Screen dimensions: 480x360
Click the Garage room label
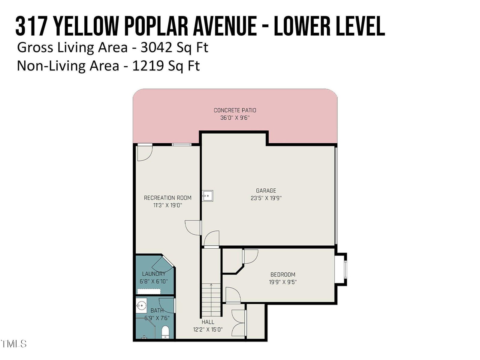266,191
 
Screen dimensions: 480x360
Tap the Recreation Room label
168,198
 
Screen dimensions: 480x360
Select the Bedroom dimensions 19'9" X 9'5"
282,282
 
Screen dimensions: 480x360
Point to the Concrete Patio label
235,110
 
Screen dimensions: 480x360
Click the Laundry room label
154,274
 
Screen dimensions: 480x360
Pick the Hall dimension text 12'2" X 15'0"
208,329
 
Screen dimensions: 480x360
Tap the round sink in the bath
141,305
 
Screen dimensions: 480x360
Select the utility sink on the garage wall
207,196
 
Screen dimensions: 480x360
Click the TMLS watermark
14,343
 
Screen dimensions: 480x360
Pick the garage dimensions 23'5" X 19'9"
266,198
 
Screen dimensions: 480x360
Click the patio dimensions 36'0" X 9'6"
235,118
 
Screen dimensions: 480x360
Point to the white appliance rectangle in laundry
149,291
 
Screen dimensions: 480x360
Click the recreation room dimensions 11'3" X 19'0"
168,205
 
